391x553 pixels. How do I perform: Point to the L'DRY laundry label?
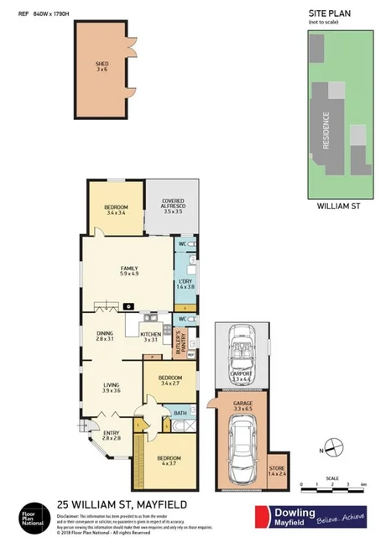click(x=185, y=282)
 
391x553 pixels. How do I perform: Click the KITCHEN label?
click(x=150, y=334)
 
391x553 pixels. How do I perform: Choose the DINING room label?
click(x=104, y=334)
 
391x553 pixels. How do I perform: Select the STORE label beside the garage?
click(x=277, y=467)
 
